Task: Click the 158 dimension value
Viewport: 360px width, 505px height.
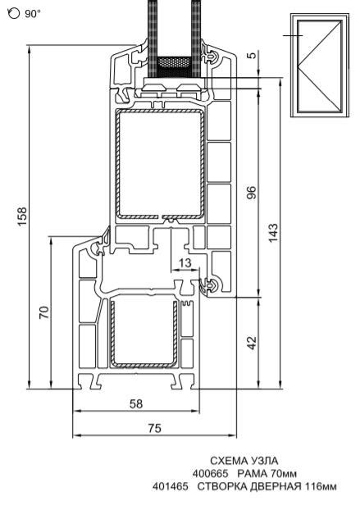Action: pyautogui.click(x=22, y=216)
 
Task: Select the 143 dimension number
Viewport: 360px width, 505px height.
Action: pyautogui.click(x=272, y=232)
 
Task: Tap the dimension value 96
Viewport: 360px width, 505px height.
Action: pyautogui.click(x=252, y=193)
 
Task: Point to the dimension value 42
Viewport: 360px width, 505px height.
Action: pyautogui.click(x=252, y=343)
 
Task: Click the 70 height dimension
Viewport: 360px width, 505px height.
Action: pyautogui.click(x=44, y=312)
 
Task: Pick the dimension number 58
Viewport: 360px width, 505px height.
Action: pyautogui.click(x=135, y=403)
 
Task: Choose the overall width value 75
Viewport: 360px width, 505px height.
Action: pyautogui.click(x=155, y=428)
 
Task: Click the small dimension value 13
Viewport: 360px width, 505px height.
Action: pyautogui.click(x=185, y=263)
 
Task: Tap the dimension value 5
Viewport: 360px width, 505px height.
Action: pyautogui.click(x=253, y=55)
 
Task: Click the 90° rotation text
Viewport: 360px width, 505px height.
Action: pyautogui.click(x=33, y=14)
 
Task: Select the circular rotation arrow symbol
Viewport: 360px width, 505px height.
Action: pyautogui.click(x=14, y=13)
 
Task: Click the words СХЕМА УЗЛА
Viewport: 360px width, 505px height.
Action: pyautogui.click(x=244, y=461)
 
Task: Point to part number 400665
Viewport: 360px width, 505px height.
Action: pyautogui.click(x=211, y=474)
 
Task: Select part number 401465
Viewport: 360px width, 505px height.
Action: pyautogui.click(x=171, y=486)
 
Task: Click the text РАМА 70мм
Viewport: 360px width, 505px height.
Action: pyautogui.click(x=267, y=474)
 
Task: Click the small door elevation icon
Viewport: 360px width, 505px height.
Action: pyautogui.click(x=319, y=66)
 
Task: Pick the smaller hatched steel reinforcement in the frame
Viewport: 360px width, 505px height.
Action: pyautogui.click(x=144, y=333)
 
